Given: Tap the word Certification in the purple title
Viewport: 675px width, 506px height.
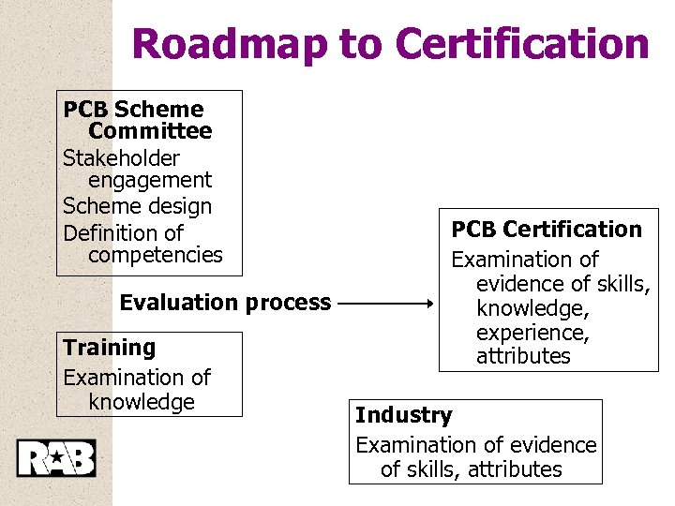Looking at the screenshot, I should pos(522,43).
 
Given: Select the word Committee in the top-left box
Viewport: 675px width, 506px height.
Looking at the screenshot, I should pos(150,131).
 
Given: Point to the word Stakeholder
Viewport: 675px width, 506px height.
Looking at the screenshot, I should pos(121,157).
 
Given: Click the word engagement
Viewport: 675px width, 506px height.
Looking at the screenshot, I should pos(150,180).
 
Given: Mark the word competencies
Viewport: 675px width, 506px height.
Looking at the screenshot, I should pos(156,255).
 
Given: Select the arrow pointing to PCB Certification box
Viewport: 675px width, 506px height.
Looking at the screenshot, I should pos(384,304).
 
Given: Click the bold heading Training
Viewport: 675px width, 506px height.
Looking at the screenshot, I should pos(110,348).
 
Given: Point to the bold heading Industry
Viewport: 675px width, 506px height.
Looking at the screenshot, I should pos(403,415).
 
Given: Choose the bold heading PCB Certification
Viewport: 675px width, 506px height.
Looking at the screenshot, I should pos(547,230).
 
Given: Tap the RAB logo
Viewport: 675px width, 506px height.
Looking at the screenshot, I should pos(56,457).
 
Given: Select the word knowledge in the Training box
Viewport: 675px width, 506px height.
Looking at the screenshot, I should pos(142,402).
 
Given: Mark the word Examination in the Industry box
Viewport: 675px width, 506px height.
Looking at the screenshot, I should pos(416,445).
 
